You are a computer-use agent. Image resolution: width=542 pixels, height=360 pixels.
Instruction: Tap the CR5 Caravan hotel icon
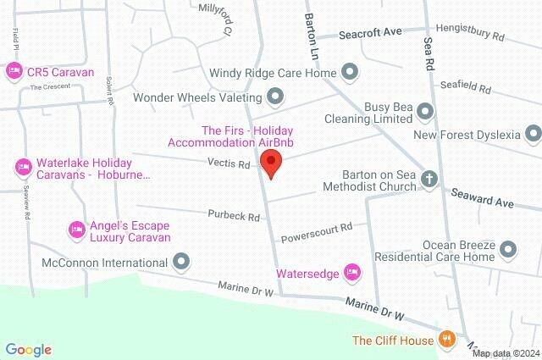pos(13,73)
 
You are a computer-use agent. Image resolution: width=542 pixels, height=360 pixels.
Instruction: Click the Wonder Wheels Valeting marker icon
pos(274,96)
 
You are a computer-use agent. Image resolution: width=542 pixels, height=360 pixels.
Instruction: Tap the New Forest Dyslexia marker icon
pos(533,134)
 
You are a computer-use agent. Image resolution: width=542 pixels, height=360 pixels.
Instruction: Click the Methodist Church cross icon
pos(430,180)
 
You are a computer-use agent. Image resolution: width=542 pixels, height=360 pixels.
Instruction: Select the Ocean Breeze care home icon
pos(508,249)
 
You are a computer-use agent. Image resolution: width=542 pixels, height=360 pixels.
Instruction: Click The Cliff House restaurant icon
pos(447,341)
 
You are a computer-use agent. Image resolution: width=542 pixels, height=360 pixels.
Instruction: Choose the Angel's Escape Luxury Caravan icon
pos(75,229)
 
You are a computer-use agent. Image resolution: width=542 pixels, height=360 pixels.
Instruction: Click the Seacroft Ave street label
pos(369,34)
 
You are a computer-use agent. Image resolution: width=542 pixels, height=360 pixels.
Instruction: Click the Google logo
pos(28,349)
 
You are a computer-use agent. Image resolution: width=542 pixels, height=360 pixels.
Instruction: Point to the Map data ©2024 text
pos(505,352)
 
